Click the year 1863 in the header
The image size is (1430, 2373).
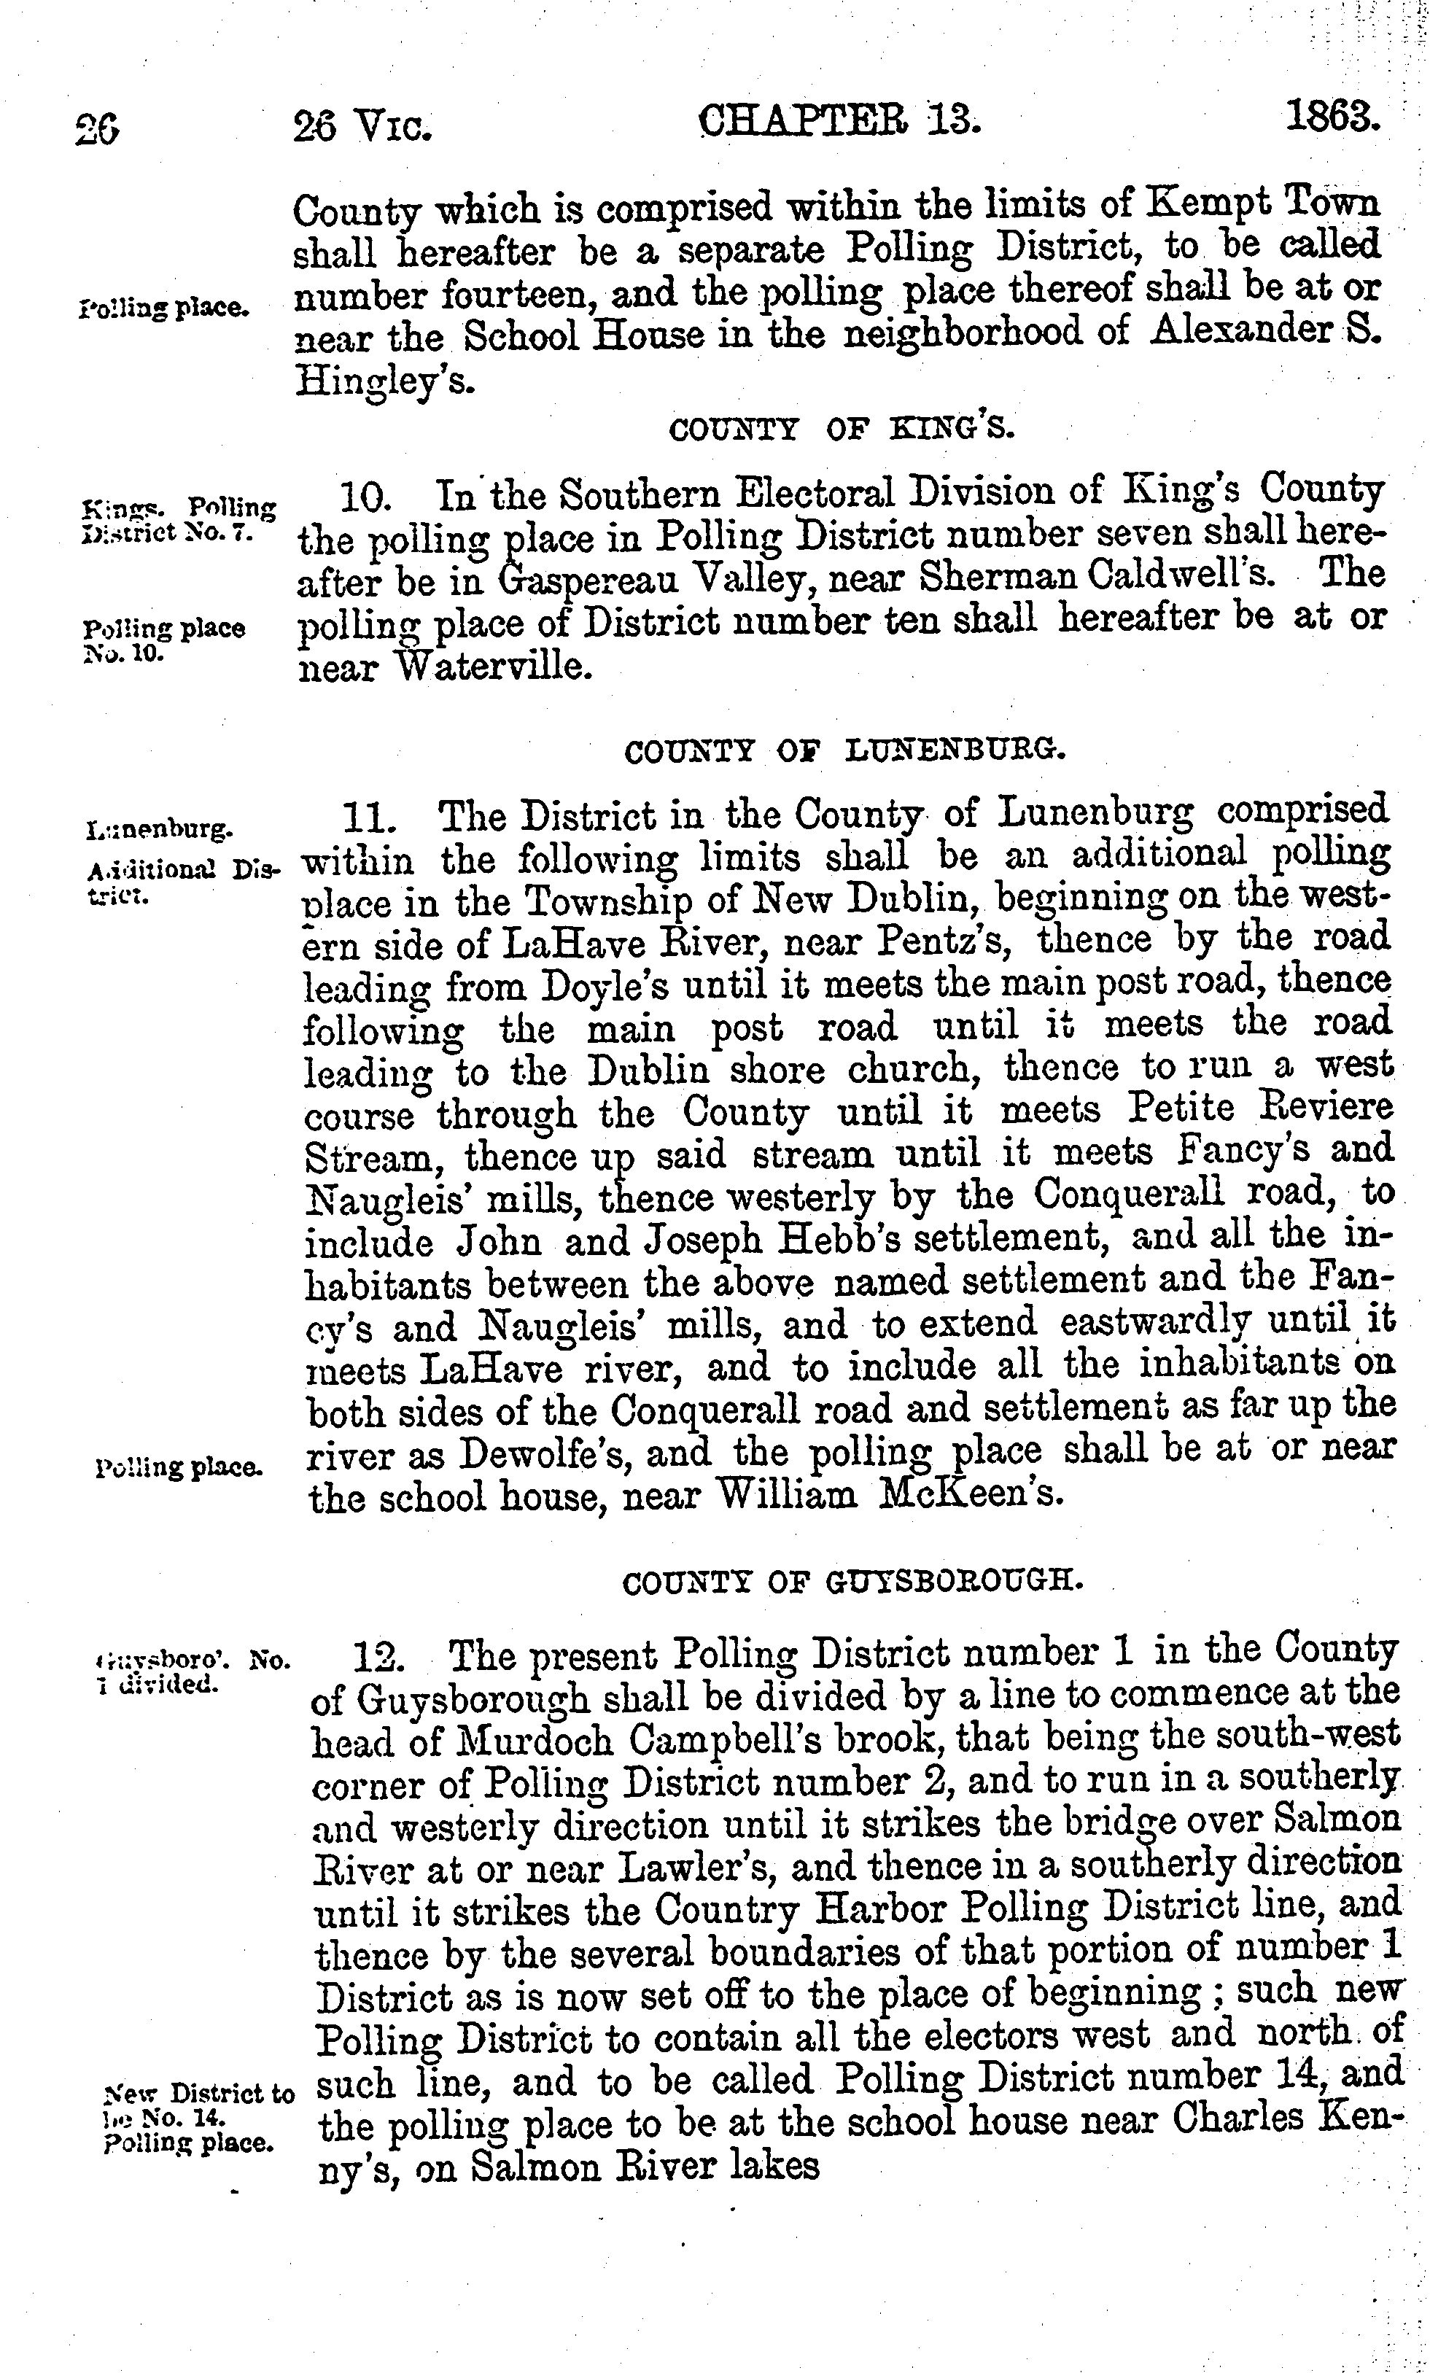(1333, 120)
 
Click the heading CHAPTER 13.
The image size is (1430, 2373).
(839, 123)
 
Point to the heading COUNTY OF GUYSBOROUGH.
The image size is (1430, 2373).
(852, 1582)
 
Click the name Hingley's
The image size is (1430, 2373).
(384, 381)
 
